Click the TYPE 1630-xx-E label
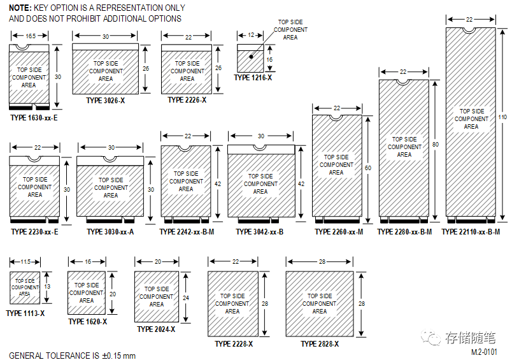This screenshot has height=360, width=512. tap(34, 117)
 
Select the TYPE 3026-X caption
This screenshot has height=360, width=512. tap(106, 100)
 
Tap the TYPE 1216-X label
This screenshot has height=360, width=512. tap(253, 77)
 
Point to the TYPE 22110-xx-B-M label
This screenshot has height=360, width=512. tap(471, 232)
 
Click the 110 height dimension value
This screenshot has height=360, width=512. tap(502, 117)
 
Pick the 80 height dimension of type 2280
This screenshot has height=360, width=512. tap(436, 145)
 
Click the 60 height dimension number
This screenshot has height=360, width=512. tap(368, 168)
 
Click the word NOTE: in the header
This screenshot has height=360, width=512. tap(20, 8)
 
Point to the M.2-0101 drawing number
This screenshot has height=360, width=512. tap(484, 351)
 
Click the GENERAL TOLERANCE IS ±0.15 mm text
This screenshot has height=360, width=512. tap(72, 355)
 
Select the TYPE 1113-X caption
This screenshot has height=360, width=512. tap(25, 313)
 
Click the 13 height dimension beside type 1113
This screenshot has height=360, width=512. tap(48, 287)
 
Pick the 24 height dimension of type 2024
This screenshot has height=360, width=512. tap(185, 297)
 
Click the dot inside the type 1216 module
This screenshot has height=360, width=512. tap(252, 57)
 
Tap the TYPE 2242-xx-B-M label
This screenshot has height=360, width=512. tap(187, 232)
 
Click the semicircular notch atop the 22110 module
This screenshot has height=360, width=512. tap(470, 29)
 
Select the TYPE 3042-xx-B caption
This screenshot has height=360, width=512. tap(260, 232)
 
